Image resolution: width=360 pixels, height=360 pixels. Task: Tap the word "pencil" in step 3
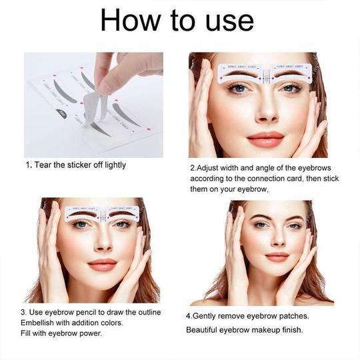tap(83, 312)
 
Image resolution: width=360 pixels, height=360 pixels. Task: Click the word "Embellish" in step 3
tap(43, 323)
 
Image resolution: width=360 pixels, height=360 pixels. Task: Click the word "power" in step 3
tap(89, 333)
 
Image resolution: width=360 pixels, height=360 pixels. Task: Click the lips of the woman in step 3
tap(101, 265)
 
